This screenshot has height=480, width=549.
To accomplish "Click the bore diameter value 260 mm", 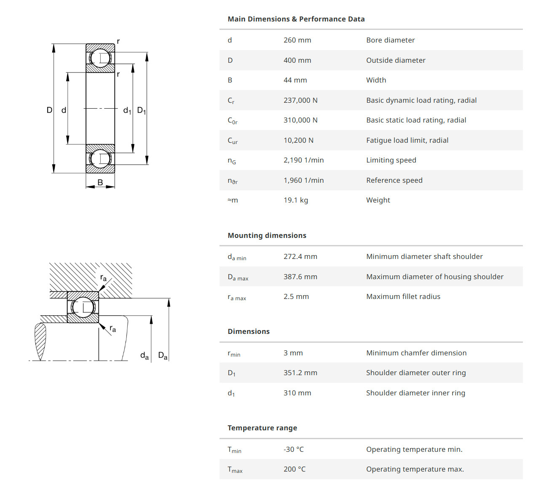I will [x=297, y=40].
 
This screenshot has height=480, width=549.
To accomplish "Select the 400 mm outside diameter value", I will [x=297, y=60].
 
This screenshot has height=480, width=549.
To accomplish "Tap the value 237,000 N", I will [x=300, y=100].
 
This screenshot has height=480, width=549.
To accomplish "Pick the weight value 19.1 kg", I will [x=295, y=200].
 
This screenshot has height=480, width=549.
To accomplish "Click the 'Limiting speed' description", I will [x=391, y=160].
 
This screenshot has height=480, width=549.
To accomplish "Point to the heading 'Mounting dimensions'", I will [x=267, y=235].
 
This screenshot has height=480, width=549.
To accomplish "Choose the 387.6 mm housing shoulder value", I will [x=300, y=277].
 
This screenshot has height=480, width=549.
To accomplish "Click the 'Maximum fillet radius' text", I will [x=403, y=296].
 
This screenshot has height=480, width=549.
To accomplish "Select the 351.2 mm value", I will [x=300, y=373].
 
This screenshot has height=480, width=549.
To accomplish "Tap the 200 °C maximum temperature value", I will [x=294, y=469].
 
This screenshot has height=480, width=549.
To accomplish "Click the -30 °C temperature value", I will [x=293, y=449].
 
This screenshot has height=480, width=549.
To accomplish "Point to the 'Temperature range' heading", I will [x=262, y=428].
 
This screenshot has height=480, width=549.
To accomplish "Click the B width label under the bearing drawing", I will [x=100, y=182].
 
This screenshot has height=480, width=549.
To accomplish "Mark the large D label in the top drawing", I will [x=49, y=110].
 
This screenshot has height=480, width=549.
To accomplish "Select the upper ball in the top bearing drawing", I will [x=100, y=58].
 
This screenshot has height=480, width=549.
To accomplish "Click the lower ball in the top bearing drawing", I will [x=100, y=159].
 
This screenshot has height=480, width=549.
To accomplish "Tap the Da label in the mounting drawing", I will [x=163, y=356].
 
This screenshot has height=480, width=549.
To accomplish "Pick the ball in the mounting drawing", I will [x=83, y=307].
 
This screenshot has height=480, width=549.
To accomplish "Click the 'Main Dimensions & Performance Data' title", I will [x=296, y=19].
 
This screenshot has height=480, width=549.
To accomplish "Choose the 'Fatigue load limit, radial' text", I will [x=407, y=140].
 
